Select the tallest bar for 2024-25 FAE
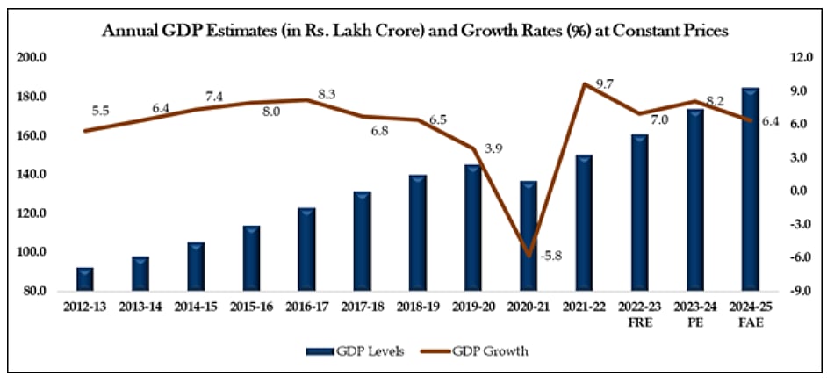coord(751,189)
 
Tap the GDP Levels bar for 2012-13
coord(85,278)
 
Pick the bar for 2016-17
coord(306,249)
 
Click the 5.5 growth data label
coord(100,112)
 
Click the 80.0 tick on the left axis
coord(35,291)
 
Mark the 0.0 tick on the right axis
coord(796,191)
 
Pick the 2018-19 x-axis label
coord(418,307)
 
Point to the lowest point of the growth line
coord(529,256)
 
